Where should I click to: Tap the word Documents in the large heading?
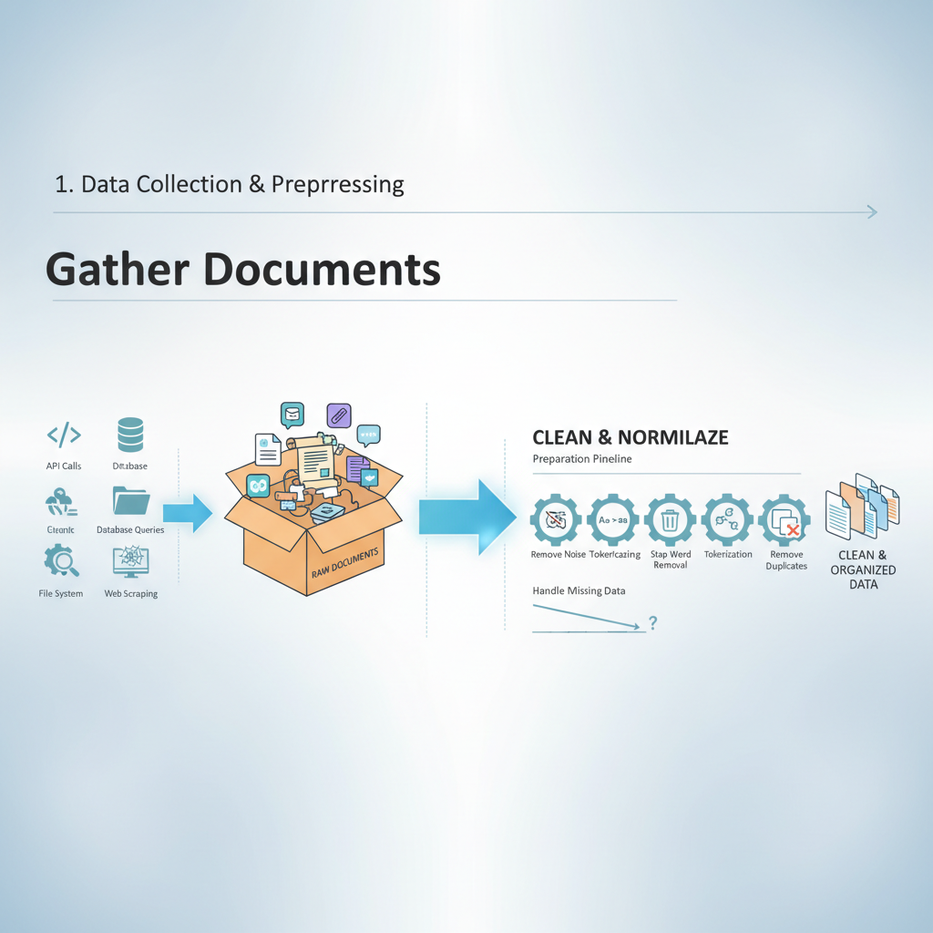pyautogui.click(x=316, y=270)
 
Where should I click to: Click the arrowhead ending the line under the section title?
pyautogui.click(x=872, y=212)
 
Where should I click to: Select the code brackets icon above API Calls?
pyautogui.click(x=64, y=436)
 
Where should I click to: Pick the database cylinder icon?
pyautogui.click(x=130, y=435)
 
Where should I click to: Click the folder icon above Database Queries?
pyautogui.click(x=130, y=502)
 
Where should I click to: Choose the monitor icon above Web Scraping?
pyautogui.click(x=130, y=561)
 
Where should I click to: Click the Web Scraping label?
pyautogui.click(x=130, y=594)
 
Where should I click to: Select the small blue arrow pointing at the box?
pyautogui.click(x=188, y=514)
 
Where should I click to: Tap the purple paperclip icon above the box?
pyautogui.click(x=338, y=416)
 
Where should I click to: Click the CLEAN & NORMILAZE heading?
pyautogui.click(x=630, y=437)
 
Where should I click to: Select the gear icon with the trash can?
pyautogui.click(x=670, y=520)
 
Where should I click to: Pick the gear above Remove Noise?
pyautogui.click(x=558, y=520)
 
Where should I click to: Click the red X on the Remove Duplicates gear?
pyautogui.click(x=793, y=528)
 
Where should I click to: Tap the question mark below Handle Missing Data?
pyautogui.click(x=652, y=623)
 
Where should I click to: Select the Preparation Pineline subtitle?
pyautogui.click(x=581, y=459)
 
